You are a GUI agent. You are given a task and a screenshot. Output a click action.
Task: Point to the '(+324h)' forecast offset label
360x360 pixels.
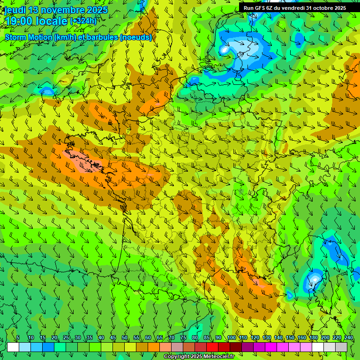pos(83,21)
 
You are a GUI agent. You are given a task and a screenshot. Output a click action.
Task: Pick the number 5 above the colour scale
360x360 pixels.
pos(18,338)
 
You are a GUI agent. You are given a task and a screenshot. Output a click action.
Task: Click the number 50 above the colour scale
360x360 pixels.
pos(125,338)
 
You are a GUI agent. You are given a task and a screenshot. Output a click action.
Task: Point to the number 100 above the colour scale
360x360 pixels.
pos(231,338)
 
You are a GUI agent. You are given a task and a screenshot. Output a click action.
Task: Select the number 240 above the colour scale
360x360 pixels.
pos(349,338)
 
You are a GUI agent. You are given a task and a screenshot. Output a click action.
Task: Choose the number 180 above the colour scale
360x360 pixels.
pos(313,338)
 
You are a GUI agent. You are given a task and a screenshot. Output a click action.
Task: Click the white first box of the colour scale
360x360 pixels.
pos(13,347)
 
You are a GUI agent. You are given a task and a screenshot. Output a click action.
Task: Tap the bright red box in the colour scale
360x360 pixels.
pos(212,347)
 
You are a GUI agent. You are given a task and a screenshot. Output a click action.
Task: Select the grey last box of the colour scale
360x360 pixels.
pos(341,347)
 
